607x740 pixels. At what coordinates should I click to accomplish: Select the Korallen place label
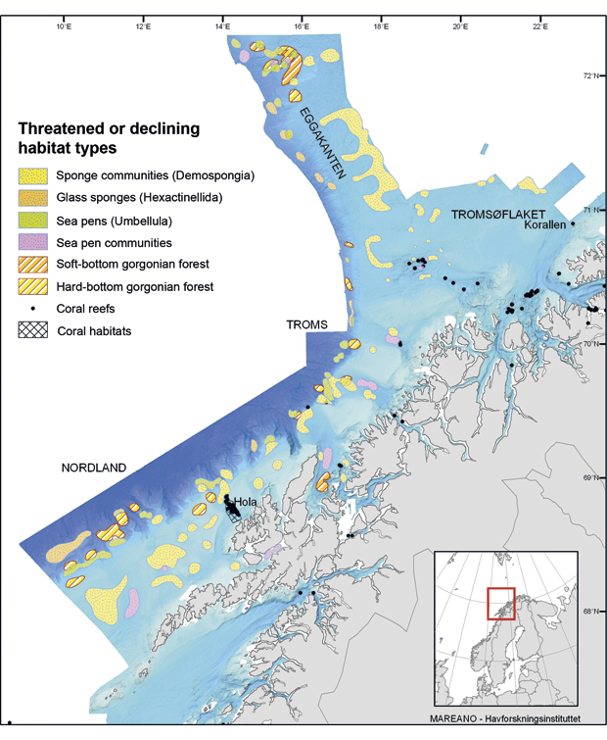coord(544,224)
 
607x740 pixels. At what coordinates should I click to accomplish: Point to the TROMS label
coord(306,324)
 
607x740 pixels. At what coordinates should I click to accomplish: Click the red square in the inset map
coord(501,602)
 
